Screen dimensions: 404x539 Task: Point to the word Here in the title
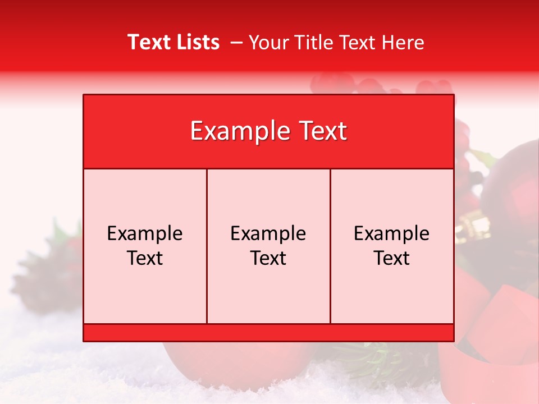point(403,42)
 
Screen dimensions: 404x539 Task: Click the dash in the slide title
point(236,43)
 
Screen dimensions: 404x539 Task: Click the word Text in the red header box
point(322,131)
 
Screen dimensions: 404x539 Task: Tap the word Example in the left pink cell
point(145,234)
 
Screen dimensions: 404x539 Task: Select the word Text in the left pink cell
point(145,258)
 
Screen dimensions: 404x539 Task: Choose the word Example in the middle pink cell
point(268,234)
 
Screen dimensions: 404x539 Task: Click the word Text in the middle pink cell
point(268,258)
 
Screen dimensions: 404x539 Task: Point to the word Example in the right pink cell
point(392,234)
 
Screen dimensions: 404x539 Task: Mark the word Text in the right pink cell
point(392,258)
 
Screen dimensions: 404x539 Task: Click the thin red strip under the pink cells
point(268,332)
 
